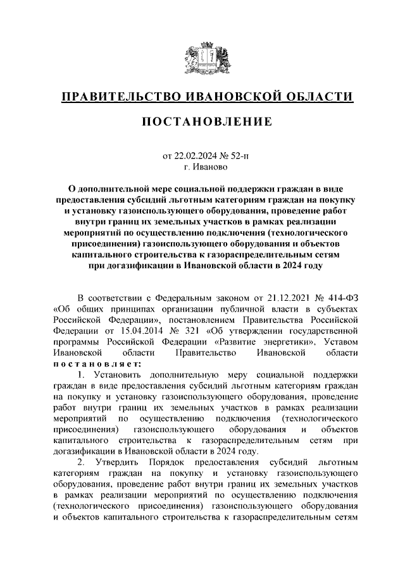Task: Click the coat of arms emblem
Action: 202,55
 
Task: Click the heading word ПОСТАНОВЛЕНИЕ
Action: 202,121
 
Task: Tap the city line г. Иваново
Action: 202,167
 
